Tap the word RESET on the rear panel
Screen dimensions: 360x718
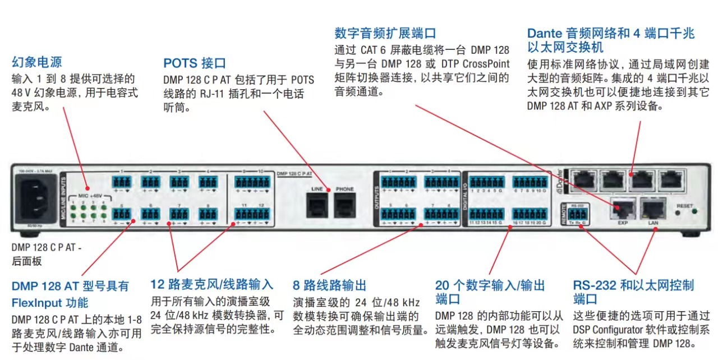[685, 206]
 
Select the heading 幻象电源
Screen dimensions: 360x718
[36, 62]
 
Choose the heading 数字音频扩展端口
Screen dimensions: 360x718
[385, 33]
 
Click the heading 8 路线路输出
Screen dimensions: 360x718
[329, 285]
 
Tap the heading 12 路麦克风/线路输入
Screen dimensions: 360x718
[212, 284]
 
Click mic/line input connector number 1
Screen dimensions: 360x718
[121, 182]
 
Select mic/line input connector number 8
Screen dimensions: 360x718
[208, 214]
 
